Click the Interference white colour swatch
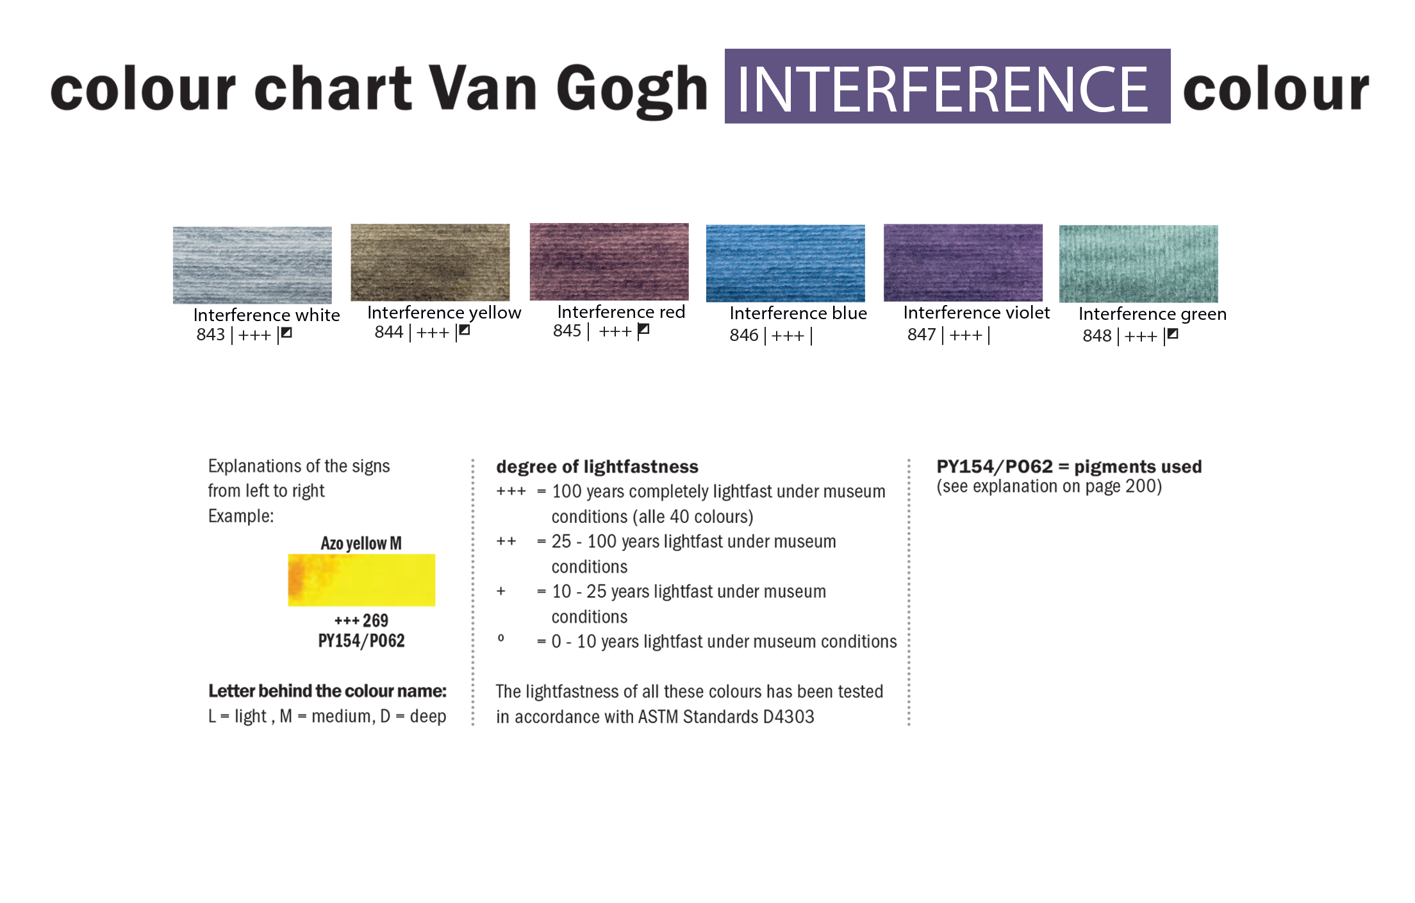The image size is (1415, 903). (252, 265)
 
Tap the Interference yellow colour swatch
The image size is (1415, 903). (430, 262)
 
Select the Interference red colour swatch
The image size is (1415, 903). (609, 261)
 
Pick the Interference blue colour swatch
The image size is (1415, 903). (786, 263)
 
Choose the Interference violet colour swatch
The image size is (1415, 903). (963, 263)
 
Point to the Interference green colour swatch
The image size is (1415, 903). (1139, 264)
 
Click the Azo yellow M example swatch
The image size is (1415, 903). (361, 580)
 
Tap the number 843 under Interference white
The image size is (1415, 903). (211, 335)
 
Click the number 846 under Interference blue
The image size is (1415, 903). (744, 335)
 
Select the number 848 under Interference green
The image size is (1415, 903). (1097, 336)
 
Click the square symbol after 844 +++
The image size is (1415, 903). (465, 331)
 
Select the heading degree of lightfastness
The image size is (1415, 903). (597, 467)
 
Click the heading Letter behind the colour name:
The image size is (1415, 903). (327, 691)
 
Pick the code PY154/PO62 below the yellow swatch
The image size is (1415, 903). (361, 641)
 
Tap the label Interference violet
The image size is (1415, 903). (977, 313)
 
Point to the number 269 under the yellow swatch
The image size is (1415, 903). (376, 620)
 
